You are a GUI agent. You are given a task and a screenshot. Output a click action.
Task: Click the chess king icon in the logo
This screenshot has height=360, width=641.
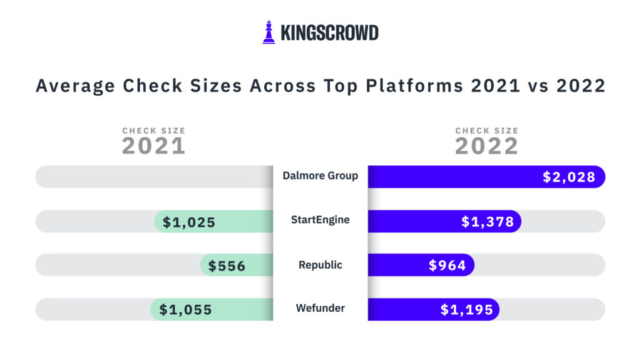coord(269,33)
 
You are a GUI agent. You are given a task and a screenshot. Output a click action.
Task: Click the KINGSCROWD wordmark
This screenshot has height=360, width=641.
coord(329,33)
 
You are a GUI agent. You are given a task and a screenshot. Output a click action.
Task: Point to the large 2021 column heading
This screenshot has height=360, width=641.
coord(153,147)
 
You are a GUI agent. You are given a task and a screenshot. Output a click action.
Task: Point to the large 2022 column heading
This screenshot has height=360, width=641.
coord(486,147)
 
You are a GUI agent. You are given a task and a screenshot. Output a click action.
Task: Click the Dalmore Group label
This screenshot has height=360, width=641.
coord(320,175)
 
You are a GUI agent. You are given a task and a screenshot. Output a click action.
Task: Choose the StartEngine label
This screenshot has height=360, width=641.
coord(320,220)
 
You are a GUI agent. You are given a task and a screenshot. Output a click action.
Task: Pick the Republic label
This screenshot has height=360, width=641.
coord(320,265)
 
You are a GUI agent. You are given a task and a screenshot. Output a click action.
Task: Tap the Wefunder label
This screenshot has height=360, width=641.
coord(320,308)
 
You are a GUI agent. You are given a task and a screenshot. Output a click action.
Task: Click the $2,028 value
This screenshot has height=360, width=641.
coord(568,177)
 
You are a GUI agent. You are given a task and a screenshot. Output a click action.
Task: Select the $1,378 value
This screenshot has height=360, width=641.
coord(487,222)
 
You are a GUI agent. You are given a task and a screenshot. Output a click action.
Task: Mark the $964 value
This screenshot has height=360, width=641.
coord(447,266)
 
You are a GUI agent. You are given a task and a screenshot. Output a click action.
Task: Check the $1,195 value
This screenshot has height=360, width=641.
coord(466,310)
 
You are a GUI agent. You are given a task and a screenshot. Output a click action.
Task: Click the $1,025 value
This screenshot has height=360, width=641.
coord(189,222)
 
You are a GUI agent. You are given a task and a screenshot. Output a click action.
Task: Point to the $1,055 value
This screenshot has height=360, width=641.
coord(185,310)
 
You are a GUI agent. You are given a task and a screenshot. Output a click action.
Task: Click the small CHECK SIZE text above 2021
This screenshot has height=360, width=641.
coord(153,131)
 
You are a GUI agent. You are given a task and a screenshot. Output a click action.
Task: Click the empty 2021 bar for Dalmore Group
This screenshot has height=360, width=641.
coord(153,177)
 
